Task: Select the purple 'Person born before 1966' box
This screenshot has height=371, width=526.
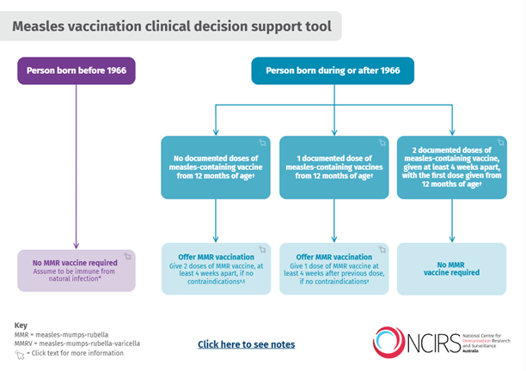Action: pyautogui.click(x=76, y=71)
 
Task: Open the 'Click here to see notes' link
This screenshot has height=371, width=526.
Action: pyautogui.click(x=246, y=344)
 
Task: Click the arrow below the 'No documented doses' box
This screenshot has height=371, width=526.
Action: pyautogui.click(x=215, y=221)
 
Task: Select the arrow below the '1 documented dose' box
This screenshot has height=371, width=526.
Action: pyautogui.click(x=333, y=221)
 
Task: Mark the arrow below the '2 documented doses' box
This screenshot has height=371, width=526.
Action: pyautogui.click(x=450, y=221)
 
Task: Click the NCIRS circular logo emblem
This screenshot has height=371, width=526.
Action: pyautogui.click(x=391, y=342)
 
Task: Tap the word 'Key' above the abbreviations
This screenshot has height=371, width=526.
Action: pyautogui.click(x=21, y=325)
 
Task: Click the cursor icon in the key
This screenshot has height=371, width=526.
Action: pyautogui.click(x=21, y=353)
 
